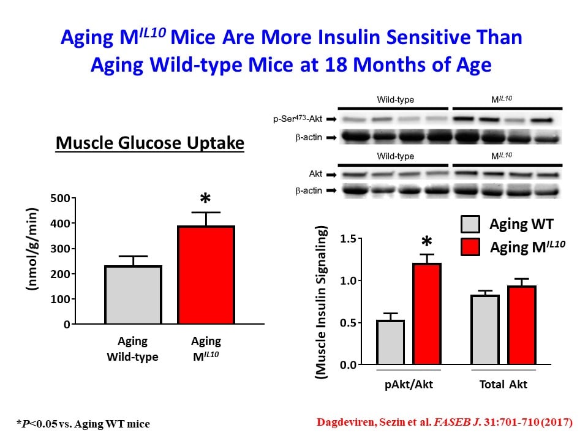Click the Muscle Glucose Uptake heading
(150, 143)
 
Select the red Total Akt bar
(522, 325)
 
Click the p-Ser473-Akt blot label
(298, 120)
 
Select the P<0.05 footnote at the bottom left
(83, 423)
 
